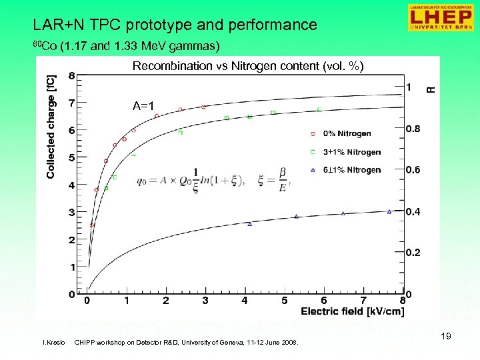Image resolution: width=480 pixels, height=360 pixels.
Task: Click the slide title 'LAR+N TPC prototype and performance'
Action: [x=175, y=25]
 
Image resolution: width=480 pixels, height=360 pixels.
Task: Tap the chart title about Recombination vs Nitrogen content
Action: [x=248, y=65]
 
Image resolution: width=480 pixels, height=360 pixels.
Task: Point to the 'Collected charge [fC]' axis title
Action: [x=51, y=126]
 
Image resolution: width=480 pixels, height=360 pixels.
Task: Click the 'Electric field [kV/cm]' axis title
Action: [x=351, y=311]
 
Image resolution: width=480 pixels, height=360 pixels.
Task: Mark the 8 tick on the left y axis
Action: [x=71, y=75]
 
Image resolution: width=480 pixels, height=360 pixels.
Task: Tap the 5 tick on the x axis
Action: [x=284, y=301]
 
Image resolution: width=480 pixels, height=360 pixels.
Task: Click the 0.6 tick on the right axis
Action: [x=414, y=170]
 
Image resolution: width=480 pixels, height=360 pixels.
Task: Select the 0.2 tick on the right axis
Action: [x=414, y=253]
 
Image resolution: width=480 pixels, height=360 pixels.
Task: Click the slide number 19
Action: [x=445, y=337]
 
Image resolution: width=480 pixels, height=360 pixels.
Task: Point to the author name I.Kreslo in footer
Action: [x=53, y=343]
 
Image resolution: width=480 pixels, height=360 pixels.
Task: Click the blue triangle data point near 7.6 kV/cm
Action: [x=389, y=212]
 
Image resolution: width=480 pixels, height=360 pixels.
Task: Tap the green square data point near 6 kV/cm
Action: [x=319, y=109]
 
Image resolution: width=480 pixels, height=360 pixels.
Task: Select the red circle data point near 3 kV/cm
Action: [x=203, y=107]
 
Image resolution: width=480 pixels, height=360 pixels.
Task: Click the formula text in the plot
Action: [x=215, y=180]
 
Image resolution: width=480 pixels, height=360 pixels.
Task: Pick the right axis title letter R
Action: [x=431, y=88]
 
